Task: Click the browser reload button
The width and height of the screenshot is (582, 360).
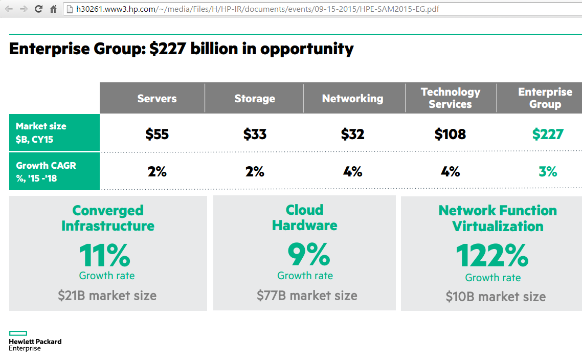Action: [x=38, y=9]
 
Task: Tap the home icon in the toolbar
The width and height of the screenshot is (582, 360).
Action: [x=53, y=9]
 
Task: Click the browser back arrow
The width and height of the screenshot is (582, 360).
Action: [x=9, y=9]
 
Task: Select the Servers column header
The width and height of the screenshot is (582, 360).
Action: [x=157, y=98]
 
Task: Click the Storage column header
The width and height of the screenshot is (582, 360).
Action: [x=255, y=98]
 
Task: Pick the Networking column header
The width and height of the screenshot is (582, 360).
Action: [x=352, y=98]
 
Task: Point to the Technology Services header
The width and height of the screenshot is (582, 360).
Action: [x=451, y=98]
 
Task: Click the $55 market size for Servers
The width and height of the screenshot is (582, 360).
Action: [x=157, y=134]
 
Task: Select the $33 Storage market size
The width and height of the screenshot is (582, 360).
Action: [x=255, y=134]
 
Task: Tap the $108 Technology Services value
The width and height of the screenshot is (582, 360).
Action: [x=450, y=134]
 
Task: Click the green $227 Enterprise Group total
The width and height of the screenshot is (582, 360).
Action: [x=547, y=134]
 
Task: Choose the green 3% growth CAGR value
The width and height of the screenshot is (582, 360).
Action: [x=548, y=171]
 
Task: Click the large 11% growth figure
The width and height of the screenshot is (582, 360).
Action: [x=105, y=255]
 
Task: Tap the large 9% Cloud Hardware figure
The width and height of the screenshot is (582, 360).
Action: [x=308, y=254]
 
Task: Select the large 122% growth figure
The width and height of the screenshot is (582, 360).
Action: [x=492, y=255]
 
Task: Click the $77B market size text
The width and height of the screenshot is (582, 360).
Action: [x=307, y=295]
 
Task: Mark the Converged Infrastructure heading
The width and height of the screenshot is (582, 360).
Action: [x=108, y=218]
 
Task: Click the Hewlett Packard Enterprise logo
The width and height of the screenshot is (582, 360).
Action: [x=35, y=341]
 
